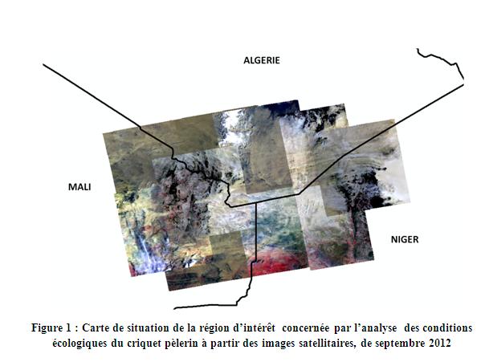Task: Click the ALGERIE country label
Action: [261, 60]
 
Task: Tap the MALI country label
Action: [79, 187]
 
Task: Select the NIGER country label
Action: [405, 239]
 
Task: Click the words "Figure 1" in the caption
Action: [51, 327]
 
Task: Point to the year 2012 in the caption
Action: [439, 343]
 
